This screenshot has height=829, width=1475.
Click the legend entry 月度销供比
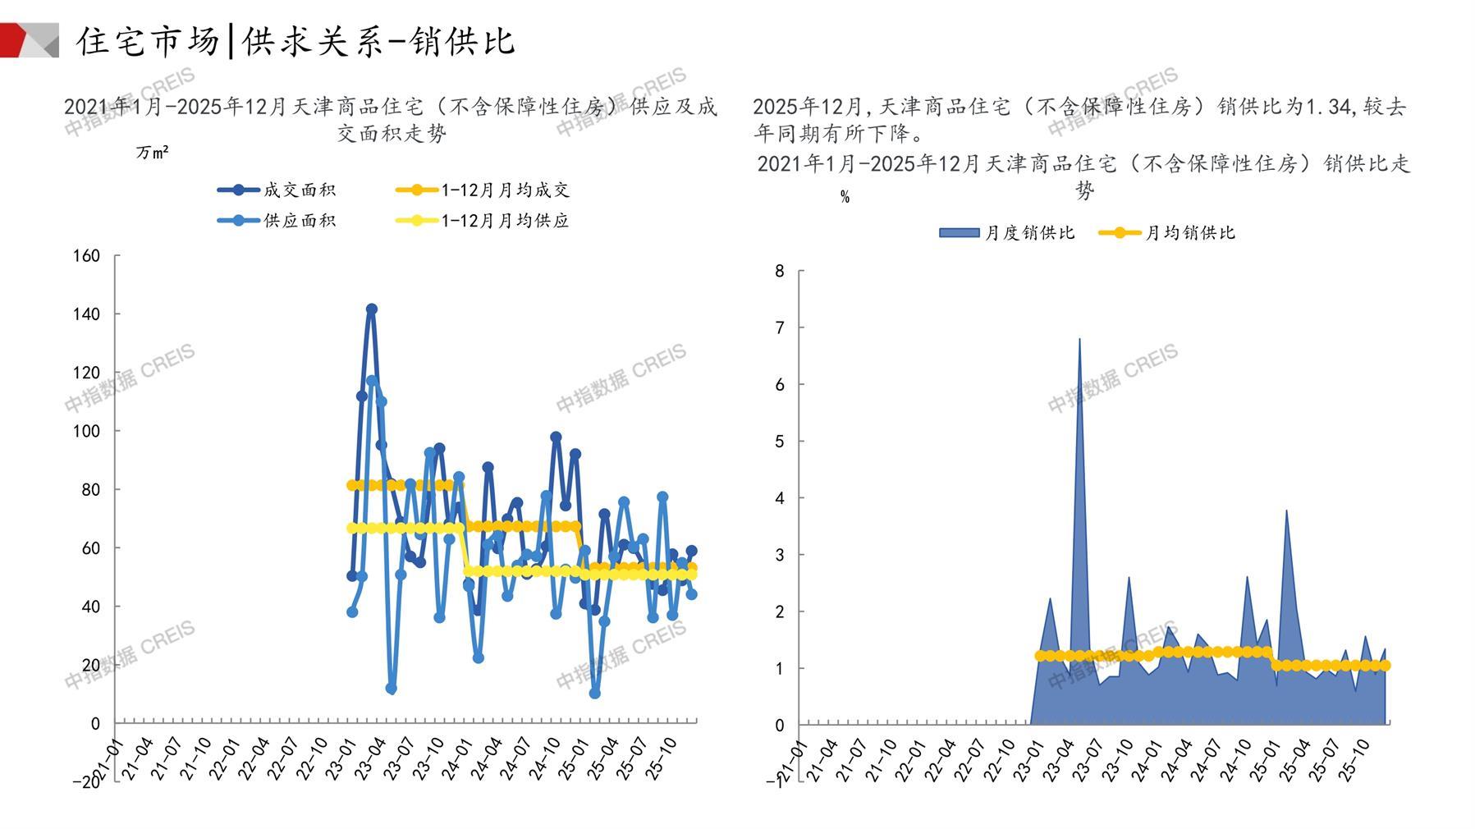1007,233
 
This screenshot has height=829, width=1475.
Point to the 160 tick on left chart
87,256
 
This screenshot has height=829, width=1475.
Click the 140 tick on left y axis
87,314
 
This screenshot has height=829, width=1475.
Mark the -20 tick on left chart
87,781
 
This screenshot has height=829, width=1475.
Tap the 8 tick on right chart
780,271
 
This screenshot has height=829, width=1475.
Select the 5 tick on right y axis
780,442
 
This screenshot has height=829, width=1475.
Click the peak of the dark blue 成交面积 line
371,309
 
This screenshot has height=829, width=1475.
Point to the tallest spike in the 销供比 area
1079,339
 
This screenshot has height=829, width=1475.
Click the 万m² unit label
153,153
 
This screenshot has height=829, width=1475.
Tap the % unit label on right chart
845,197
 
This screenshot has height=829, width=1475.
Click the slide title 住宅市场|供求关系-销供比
295,41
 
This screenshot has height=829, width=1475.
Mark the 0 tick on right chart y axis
780,726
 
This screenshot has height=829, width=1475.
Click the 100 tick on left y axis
87,431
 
